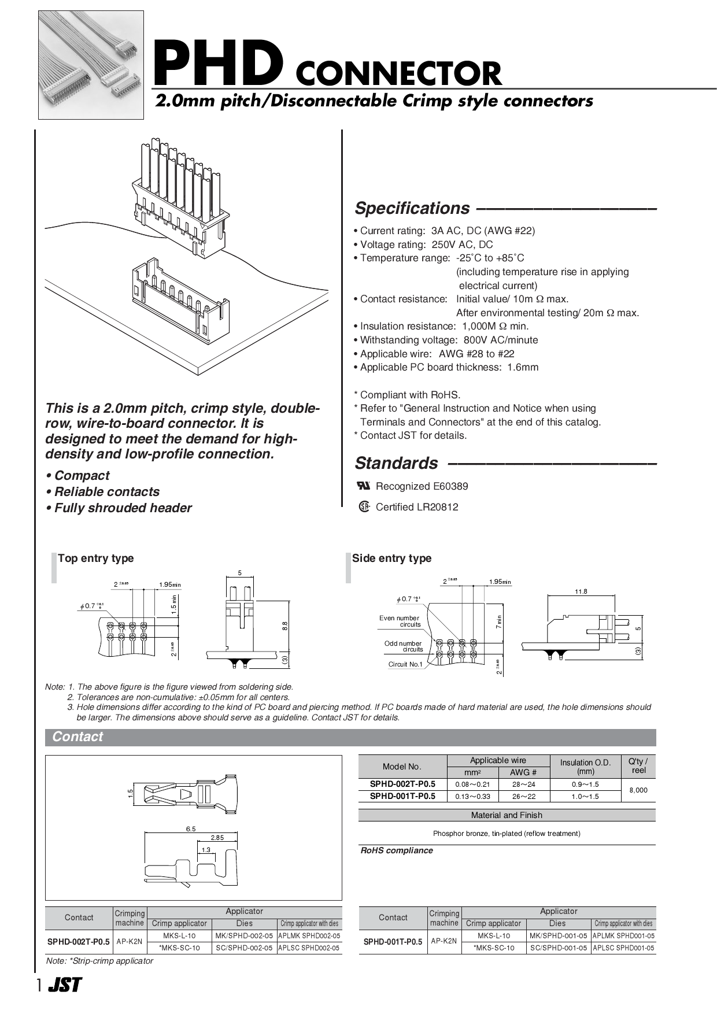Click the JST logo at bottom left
point(64,986)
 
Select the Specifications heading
point(412,208)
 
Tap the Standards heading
point(396,463)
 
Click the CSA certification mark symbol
point(364,507)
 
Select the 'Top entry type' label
point(95,558)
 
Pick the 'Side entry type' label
point(391,558)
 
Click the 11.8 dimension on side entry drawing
point(581,591)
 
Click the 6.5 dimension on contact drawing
point(191,828)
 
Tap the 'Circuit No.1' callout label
point(405,664)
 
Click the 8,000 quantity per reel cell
point(638,790)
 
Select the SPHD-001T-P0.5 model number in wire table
point(402,796)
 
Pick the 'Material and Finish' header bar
point(507,815)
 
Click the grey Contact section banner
point(350,737)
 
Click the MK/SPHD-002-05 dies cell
point(244,935)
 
